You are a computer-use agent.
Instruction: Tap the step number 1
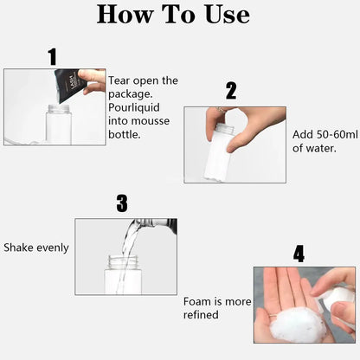[53, 57]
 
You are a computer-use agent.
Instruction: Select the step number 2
[231, 91]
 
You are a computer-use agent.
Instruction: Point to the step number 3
[122, 203]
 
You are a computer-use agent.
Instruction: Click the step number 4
[299, 254]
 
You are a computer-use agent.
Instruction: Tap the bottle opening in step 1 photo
[59, 108]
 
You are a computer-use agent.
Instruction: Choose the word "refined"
[201, 315]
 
